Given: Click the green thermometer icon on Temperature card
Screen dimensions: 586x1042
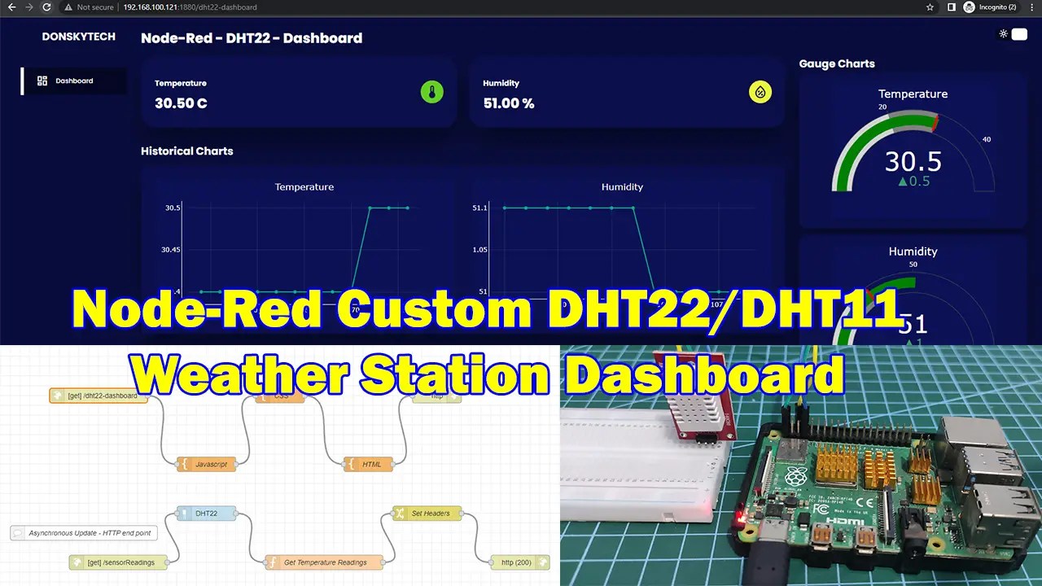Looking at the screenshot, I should pos(431,92).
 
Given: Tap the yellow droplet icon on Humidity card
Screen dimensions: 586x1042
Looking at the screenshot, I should pos(760,92).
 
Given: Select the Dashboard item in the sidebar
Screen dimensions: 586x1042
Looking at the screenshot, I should pos(73,81).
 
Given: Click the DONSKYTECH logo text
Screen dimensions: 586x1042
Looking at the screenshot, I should pos(79,37).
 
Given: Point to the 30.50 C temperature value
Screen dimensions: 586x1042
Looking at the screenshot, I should pos(181,103).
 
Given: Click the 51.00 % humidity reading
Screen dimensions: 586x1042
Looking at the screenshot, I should pos(508,103).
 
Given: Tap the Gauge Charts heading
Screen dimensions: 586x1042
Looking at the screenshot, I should pos(836,63).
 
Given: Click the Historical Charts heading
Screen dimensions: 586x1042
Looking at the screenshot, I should pos(186,151).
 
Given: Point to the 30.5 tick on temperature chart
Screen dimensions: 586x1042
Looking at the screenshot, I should pos(173,208).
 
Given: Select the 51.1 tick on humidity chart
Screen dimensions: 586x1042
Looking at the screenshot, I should pos(479,208).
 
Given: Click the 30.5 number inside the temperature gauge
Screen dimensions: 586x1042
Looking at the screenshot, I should pos(913,161).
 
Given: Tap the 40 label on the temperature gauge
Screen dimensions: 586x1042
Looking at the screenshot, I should pos(987,139).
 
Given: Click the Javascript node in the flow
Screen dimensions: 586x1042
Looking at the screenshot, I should pos(207,464).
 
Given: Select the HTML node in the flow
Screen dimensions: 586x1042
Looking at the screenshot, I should pos(369,464).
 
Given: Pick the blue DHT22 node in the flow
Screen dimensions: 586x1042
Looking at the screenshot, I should pos(206,514).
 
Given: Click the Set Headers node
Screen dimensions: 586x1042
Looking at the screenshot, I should pos(427,514).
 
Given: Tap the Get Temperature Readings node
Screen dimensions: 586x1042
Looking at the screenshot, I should pos(324,562).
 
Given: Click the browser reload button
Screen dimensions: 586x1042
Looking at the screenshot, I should pos(46,7).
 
